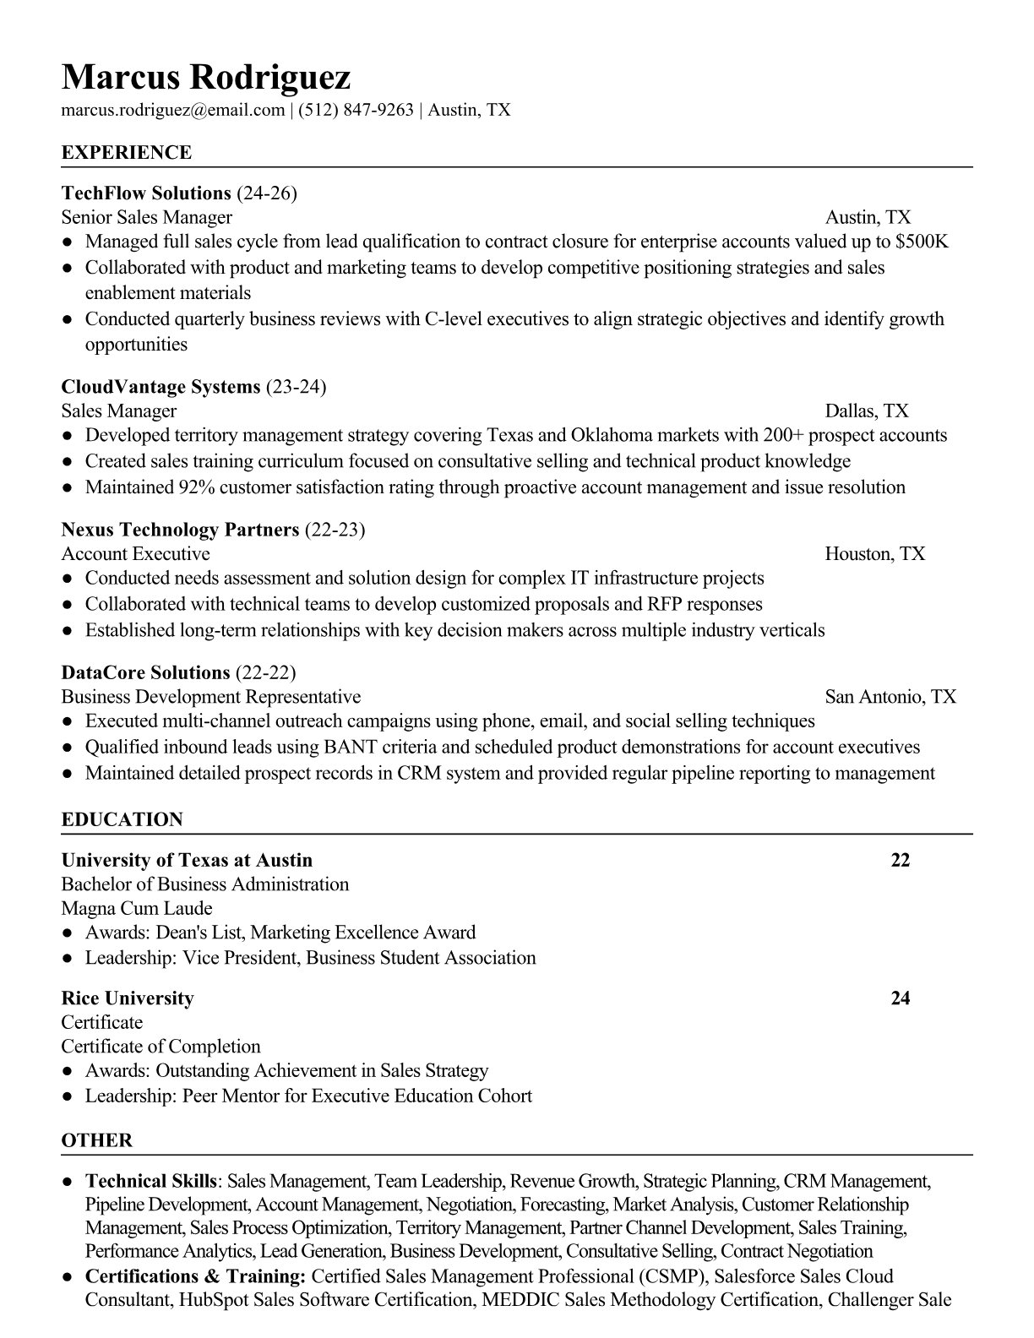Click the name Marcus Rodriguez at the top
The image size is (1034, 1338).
coord(205,77)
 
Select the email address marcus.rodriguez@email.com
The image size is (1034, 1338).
coord(173,110)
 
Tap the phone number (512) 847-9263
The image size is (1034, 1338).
coord(356,110)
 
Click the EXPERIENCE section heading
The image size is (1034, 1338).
coord(127,153)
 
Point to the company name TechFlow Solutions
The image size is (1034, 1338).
coord(146,193)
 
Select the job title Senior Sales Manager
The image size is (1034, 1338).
coord(147,218)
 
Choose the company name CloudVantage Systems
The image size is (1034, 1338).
coord(161,387)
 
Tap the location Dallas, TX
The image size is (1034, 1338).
coord(867,411)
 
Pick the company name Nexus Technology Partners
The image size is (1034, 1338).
coord(180,530)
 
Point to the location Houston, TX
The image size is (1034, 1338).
coord(875,554)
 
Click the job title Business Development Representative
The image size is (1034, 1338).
coord(211,697)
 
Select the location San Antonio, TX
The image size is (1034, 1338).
coord(890,697)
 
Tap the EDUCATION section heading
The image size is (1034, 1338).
coord(122,819)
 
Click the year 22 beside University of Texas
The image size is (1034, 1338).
coord(901,860)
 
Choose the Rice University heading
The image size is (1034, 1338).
coord(128,998)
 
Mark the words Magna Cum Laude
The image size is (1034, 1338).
coord(137,909)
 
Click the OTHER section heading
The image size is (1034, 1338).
coord(97,1140)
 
